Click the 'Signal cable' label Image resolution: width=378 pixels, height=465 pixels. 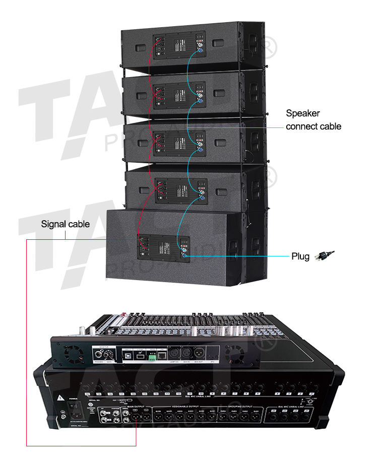[x=65, y=224]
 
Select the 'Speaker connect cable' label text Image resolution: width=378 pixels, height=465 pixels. [x=313, y=120]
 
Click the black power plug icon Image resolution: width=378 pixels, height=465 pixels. [x=324, y=256]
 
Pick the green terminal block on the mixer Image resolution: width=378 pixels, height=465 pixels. [x=149, y=356]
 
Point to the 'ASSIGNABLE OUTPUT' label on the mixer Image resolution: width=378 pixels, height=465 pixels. [x=184, y=407]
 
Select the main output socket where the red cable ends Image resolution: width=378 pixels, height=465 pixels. [x=137, y=418]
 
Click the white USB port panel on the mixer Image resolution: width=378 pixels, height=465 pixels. [x=135, y=355]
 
